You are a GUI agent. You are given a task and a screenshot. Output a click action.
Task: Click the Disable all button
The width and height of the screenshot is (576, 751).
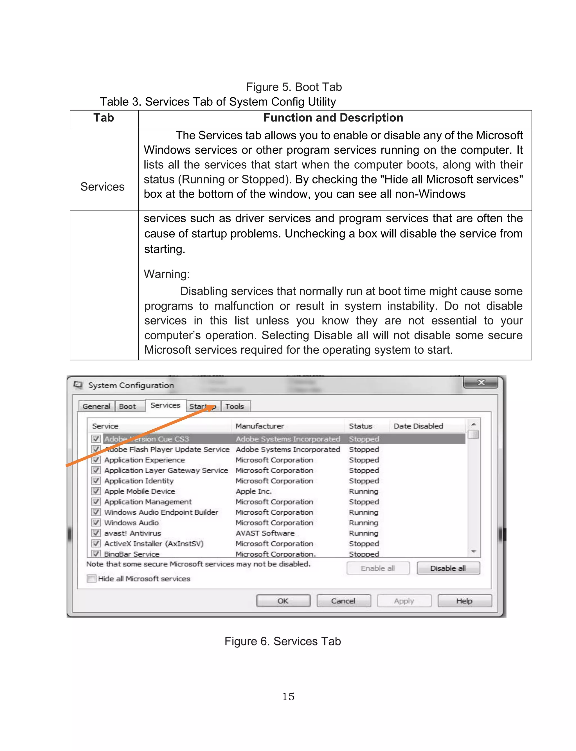click(448, 568)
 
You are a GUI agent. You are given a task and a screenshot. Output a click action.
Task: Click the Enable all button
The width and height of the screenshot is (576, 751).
click(378, 568)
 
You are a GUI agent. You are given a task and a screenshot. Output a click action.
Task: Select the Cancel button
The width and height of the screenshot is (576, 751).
click(343, 601)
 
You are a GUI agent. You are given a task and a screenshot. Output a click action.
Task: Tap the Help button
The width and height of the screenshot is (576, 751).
click(465, 601)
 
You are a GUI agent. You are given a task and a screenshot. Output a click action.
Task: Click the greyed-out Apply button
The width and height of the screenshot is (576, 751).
click(404, 601)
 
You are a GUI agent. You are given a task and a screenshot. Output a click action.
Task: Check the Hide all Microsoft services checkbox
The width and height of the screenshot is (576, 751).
click(91, 579)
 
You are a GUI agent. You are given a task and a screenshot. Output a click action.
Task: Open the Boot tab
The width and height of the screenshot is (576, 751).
click(127, 406)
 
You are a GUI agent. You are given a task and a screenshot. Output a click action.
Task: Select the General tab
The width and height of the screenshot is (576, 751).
click(96, 406)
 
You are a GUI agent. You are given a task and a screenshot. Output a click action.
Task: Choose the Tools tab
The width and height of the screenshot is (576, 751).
click(235, 406)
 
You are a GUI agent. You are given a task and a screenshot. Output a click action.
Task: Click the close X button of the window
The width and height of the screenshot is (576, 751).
click(481, 382)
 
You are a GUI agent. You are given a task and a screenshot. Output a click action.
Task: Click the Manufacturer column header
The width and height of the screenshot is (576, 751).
click(260, 426)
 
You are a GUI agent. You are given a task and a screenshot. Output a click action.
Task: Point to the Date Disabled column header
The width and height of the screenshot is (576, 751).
click(418, 426)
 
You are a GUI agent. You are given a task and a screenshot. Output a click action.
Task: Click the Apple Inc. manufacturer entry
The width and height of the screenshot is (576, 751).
click(253, 491)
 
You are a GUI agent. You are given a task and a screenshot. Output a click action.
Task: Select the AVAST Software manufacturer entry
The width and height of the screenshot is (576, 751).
click(265, 533)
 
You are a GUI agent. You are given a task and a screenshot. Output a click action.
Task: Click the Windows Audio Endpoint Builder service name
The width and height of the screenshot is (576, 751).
click(161, 512)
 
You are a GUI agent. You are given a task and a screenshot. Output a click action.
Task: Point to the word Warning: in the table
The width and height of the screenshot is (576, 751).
click(166, 274)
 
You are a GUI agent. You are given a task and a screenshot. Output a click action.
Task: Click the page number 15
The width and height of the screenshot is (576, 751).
click(288, 696)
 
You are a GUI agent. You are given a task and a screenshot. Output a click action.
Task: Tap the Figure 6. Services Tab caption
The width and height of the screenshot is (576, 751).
click(282, 641)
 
